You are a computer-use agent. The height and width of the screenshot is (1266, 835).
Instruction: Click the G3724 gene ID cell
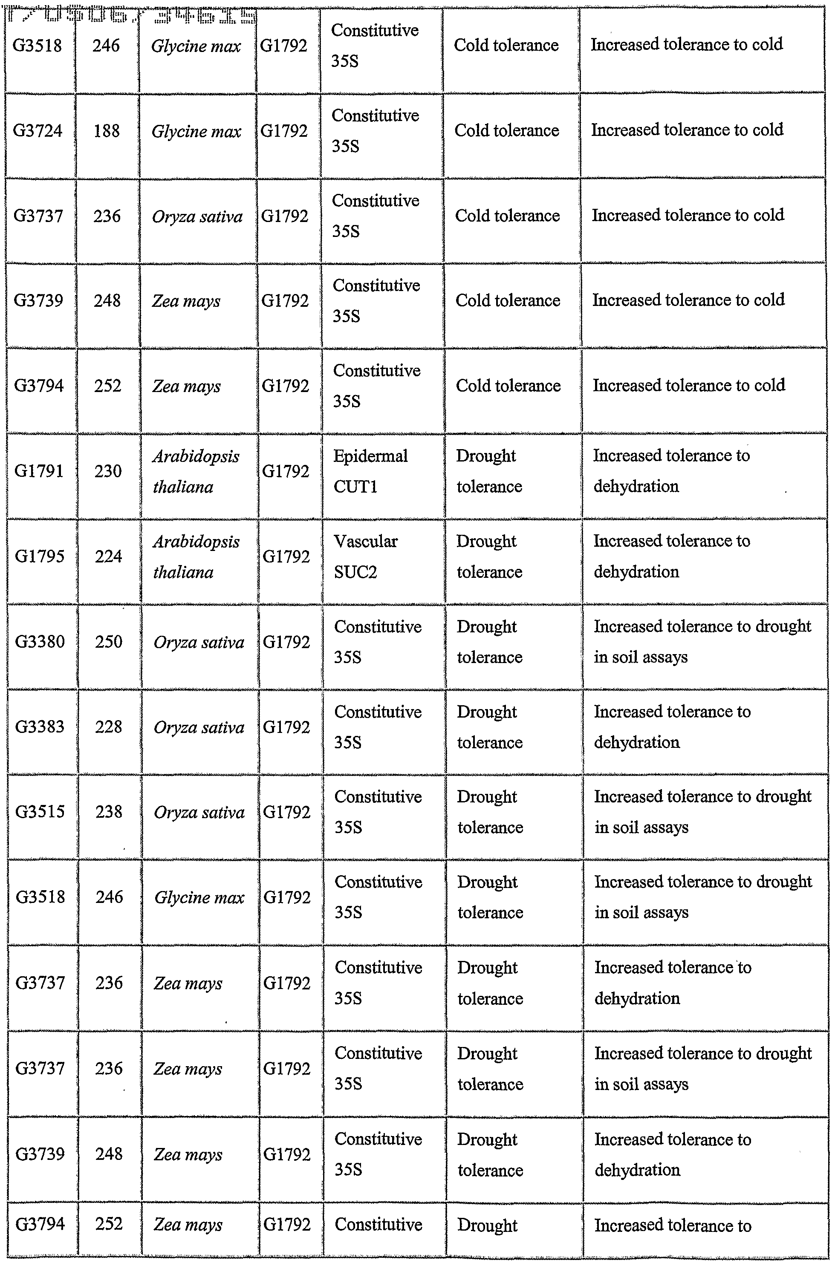coord(38,131)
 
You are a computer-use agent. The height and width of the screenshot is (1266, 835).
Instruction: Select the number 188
coord(107,131)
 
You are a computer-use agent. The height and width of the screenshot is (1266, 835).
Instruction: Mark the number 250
coord(109,641)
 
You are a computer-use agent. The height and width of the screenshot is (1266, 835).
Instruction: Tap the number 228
coord(109,727)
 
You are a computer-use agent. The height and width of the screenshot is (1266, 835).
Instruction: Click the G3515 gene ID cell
coord(40,812)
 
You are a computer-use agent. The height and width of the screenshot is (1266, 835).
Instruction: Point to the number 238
coord(109,812)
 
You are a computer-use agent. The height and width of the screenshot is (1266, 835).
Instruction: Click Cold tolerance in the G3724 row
coord(506,131)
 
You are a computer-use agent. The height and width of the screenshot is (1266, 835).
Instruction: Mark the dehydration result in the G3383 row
coord(672,727)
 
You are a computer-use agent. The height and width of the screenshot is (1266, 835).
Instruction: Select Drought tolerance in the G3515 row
coord(489,812)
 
